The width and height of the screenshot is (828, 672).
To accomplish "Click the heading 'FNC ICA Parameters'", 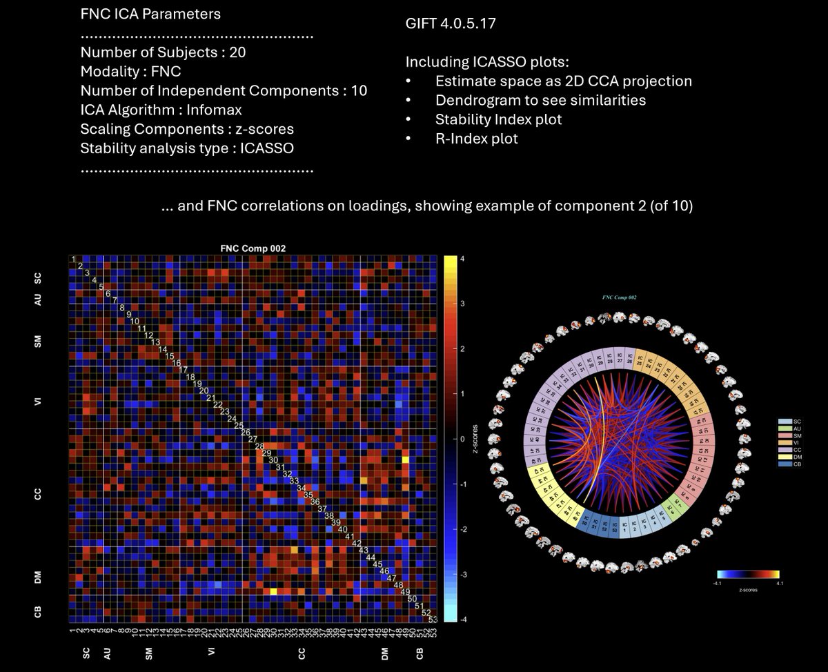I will pos(144,13).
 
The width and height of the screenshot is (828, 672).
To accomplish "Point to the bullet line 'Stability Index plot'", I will pos(498,119).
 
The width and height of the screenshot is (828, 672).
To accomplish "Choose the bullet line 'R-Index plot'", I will pos(476,139).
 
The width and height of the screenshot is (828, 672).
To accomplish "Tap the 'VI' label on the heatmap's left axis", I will pos(39,402).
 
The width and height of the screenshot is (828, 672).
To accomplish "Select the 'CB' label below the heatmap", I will pos(419,653).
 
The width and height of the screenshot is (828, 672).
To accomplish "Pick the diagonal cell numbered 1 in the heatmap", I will pos(72,259).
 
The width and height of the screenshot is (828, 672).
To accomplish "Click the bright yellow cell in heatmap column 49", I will pos(404,459).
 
